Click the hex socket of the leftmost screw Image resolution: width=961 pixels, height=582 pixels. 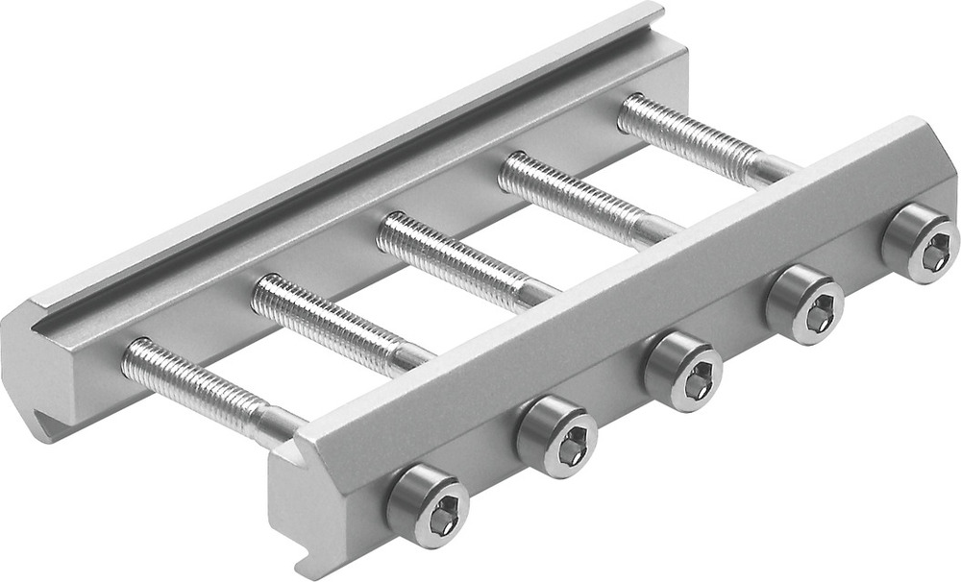coord(442,520)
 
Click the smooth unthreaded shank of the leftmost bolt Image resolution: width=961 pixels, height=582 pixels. coord(279,423)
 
